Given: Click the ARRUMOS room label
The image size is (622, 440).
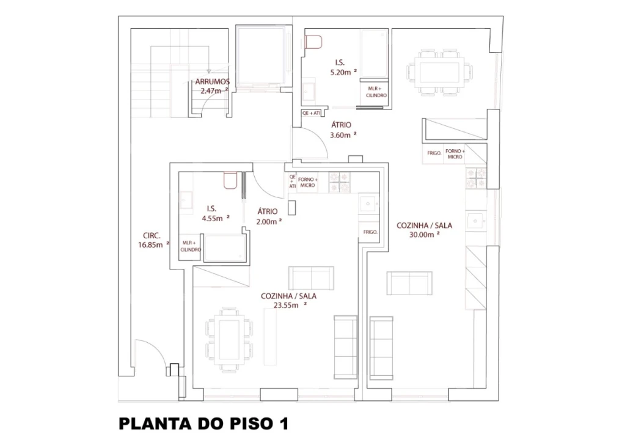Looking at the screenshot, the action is pos(212,82).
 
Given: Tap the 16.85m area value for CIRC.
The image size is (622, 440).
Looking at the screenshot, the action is pos(153,245).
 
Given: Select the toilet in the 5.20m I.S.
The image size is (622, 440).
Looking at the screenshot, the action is pos(313,42).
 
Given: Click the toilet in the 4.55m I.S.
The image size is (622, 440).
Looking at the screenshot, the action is pos(230,180).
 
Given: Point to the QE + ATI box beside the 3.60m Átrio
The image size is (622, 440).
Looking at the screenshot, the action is pos(312,114).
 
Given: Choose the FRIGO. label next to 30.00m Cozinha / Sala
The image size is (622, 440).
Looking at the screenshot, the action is pos(434,153).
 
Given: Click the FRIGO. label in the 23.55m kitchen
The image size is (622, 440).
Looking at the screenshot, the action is pos(370,232).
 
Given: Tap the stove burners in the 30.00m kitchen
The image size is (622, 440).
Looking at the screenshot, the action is pos(476,178).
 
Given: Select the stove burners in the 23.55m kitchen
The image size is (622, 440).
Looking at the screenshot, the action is pos(340,183).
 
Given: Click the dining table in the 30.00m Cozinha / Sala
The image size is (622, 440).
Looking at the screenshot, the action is pos(439,73).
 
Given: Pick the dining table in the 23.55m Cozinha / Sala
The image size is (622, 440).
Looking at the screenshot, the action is pos(229,339).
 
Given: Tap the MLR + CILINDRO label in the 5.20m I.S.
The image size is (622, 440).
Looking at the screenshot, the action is pos(376,92).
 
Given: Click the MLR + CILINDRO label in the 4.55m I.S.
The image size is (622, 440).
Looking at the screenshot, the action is pos(191,246).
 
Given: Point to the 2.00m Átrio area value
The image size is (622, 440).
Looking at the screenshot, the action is pos(269,222).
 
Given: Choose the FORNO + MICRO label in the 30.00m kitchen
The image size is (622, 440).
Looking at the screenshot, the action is pos(455,154).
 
